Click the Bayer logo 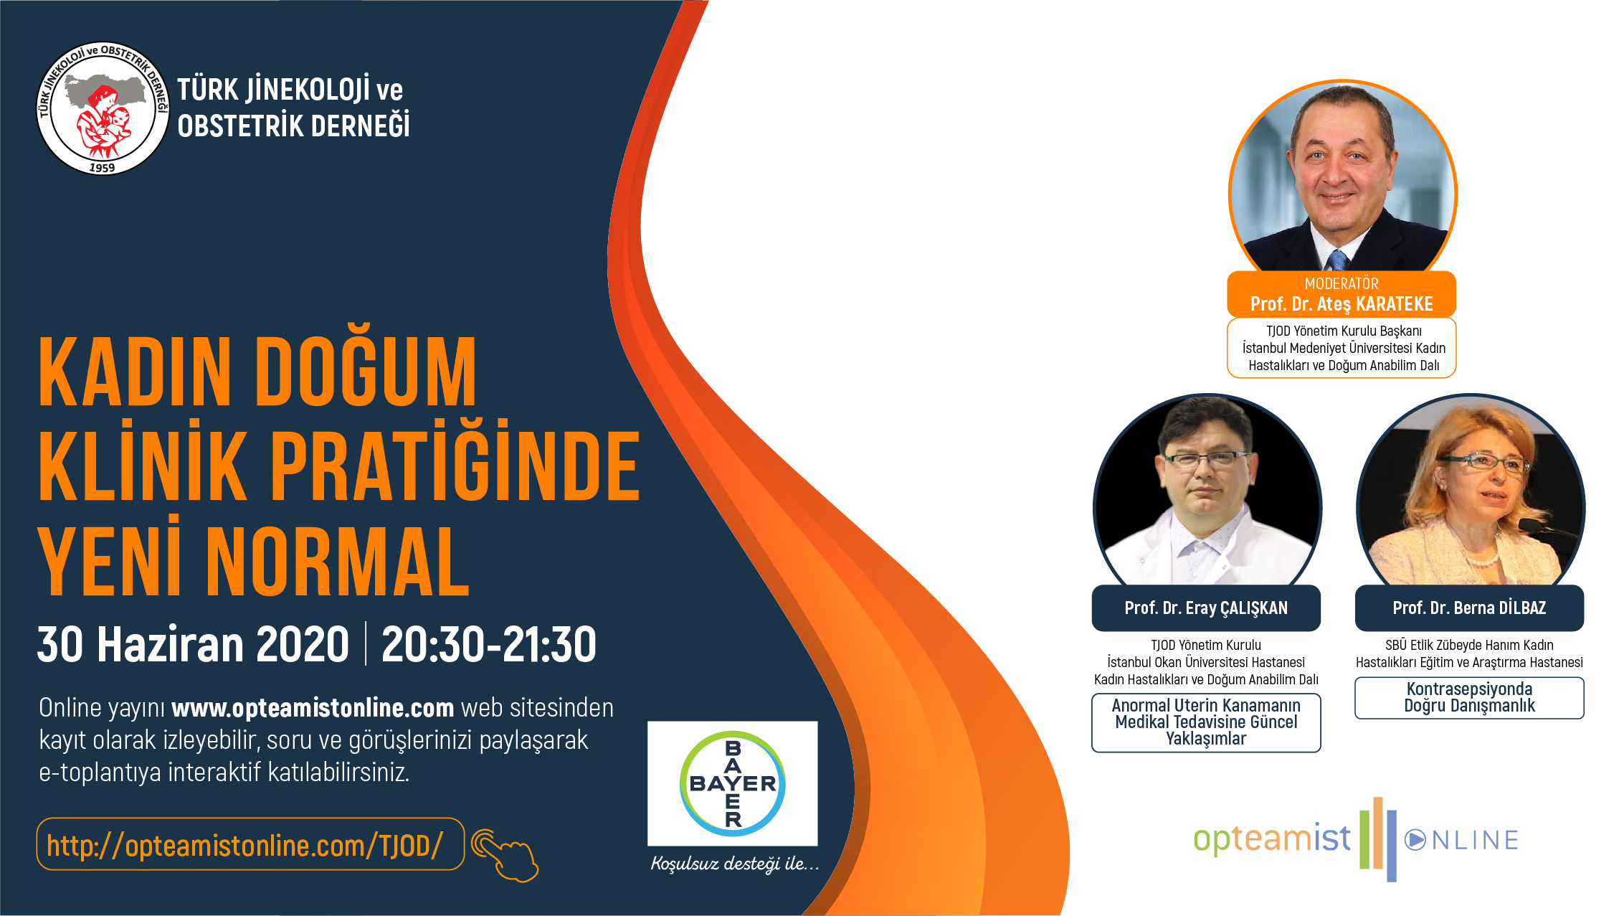(x=732, y=783)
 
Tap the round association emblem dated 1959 (x=103, y=108)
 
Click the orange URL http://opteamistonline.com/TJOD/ (x=244, y=845)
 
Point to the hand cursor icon (x=505, y=855)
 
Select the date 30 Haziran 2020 (x=193, y=644)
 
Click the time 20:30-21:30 (x=489, y=644)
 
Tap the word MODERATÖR (x=1342, y=283)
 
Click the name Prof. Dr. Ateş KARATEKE (x=1342, y=304)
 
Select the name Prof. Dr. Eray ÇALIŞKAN (x=1206, y=608)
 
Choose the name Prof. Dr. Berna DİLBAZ (x=1469, y=608)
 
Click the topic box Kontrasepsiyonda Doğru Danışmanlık (x=1469, y=698)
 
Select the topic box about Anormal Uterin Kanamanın (x=1206, y=722)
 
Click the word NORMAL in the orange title (x=338, y=562)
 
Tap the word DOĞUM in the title (x=366, y=372)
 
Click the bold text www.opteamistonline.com (x=313, y=708)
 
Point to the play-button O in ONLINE (x=1415, y=840)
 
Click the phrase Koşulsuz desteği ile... (x=734, y=863)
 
